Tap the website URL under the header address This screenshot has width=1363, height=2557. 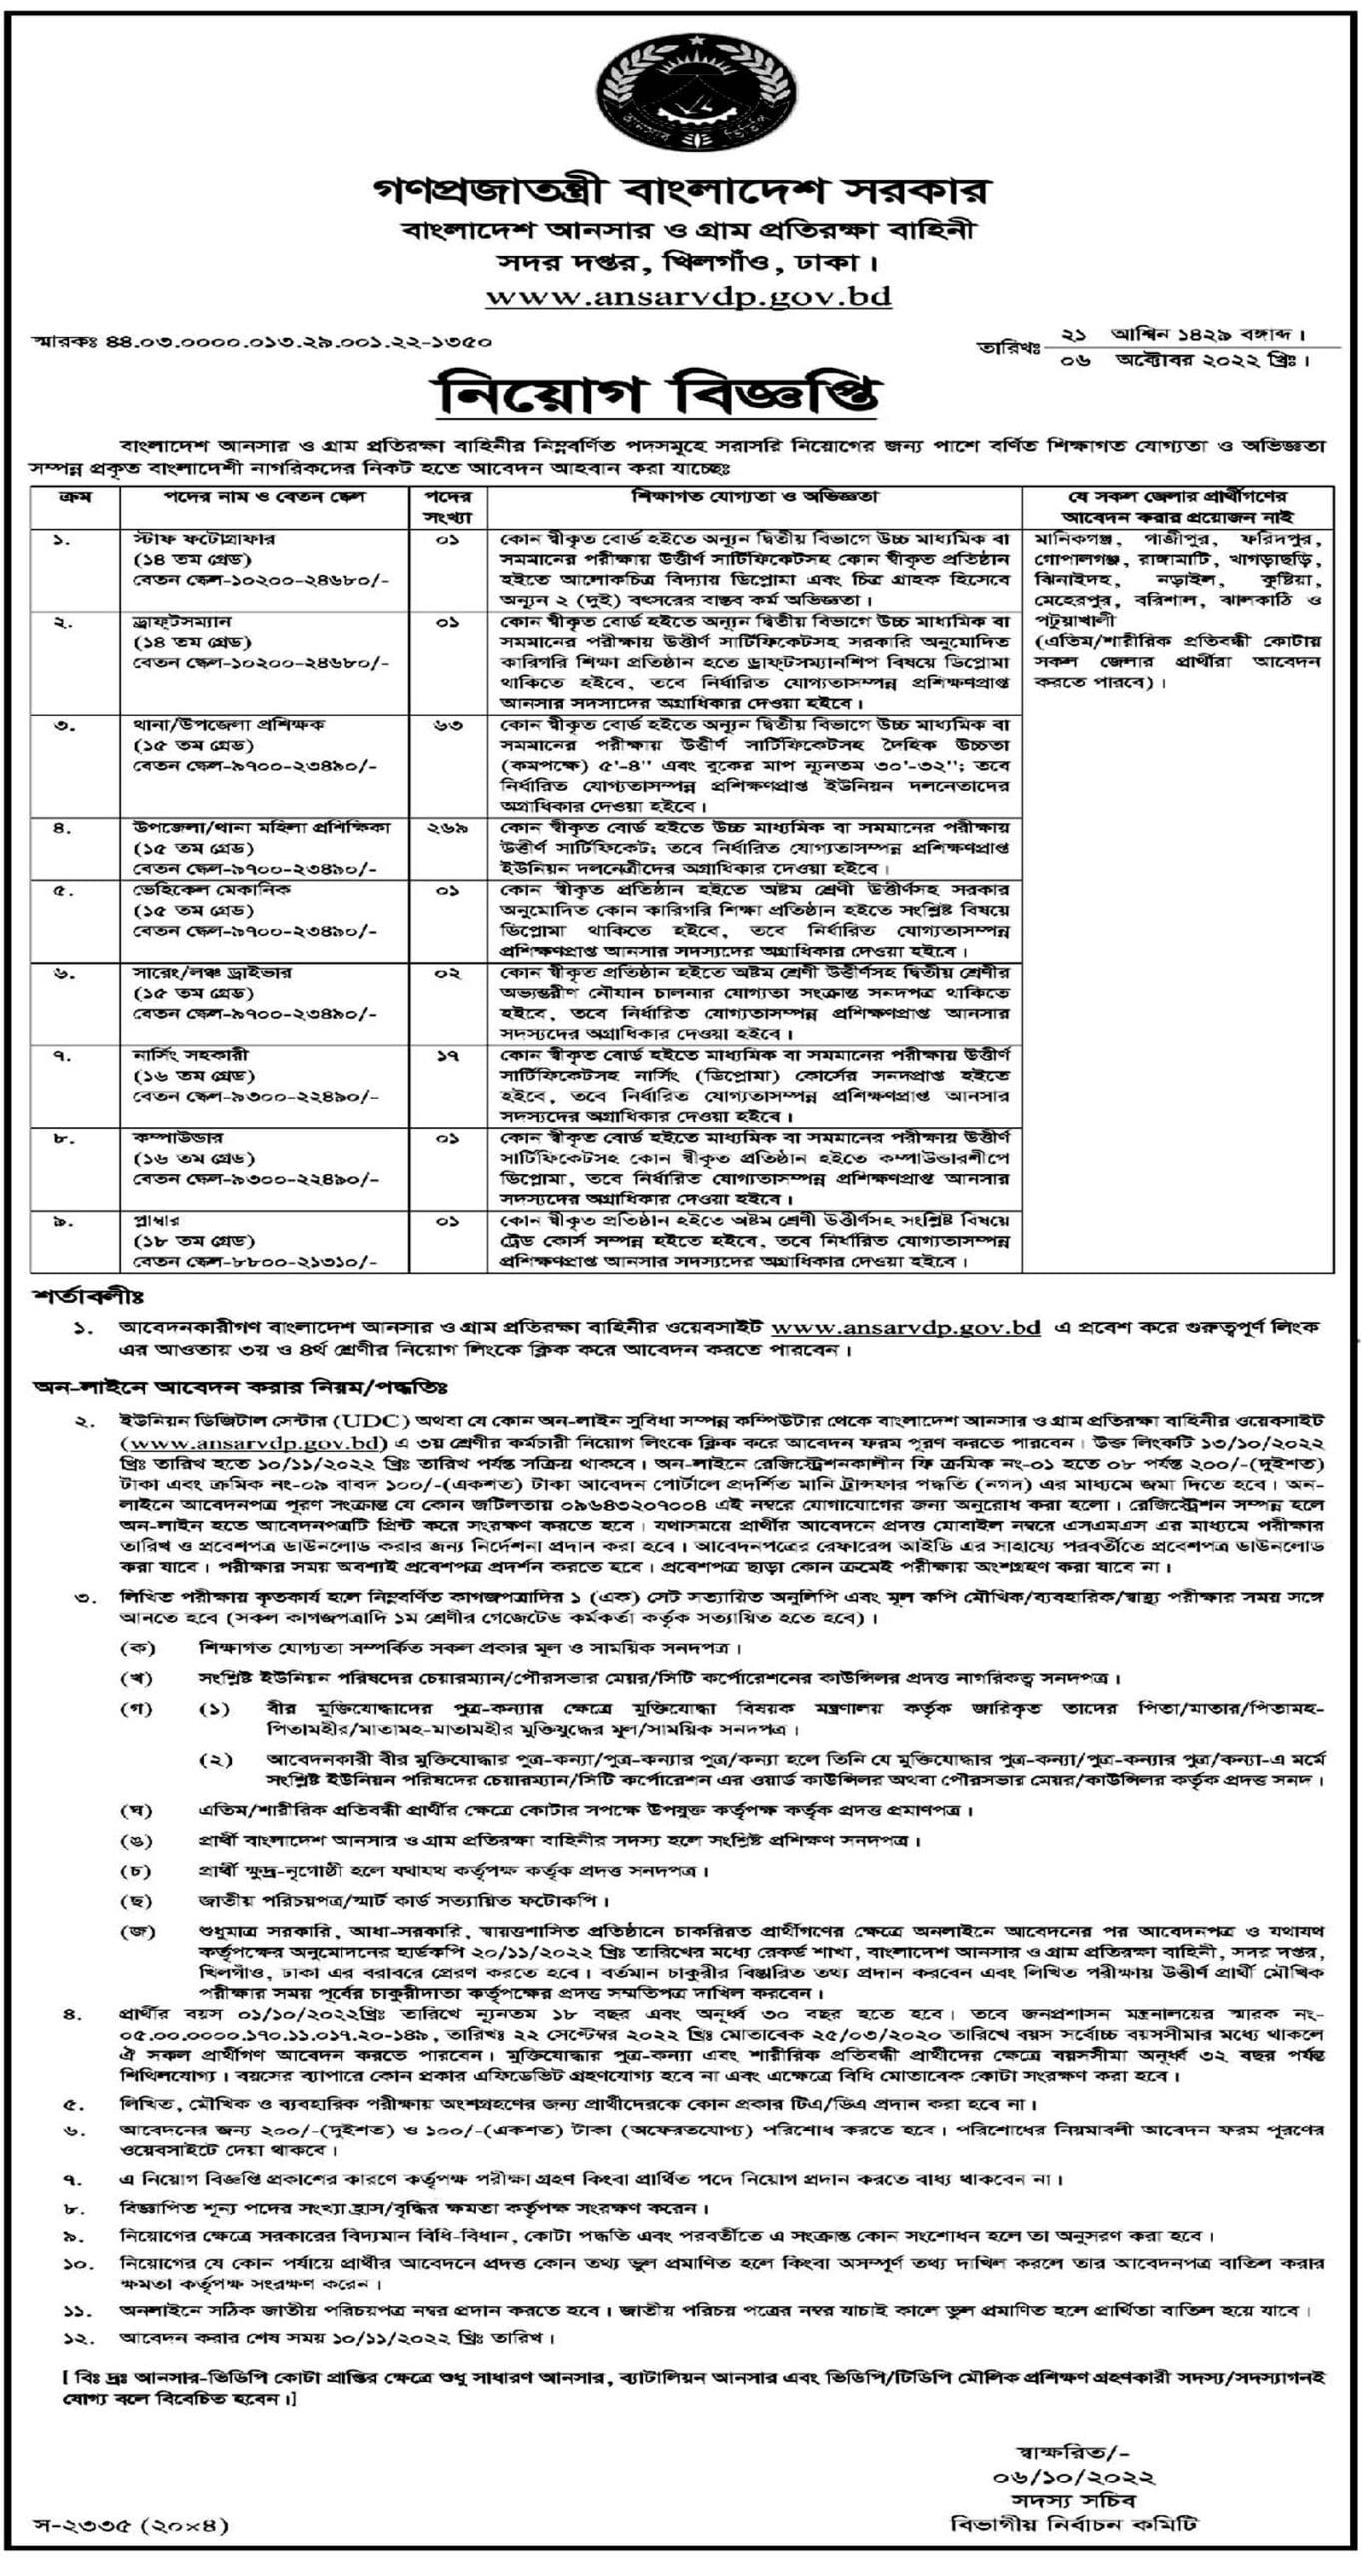[688, 296]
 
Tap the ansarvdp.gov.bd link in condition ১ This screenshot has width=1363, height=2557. [906, 1327]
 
